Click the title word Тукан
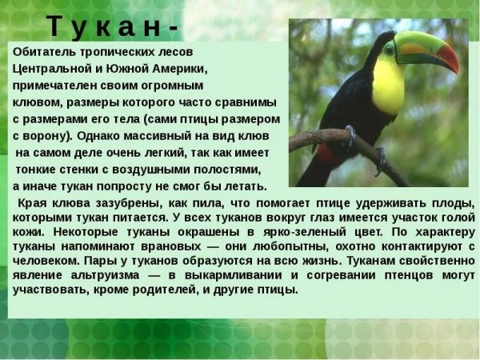[x=104, y=27]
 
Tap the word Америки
[x=178, y=69]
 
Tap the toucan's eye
[x=390, y=52]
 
